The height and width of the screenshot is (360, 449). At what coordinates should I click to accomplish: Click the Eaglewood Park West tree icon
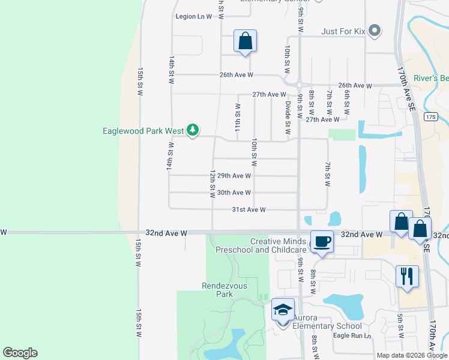click(192, 130)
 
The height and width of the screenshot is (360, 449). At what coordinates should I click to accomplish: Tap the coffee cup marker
click(322, 242)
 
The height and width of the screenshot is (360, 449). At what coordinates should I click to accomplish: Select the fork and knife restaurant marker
click(407, 277)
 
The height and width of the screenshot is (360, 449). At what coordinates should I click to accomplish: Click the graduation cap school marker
click(283, 310)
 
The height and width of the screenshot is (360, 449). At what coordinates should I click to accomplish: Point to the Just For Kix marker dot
click(375, 30)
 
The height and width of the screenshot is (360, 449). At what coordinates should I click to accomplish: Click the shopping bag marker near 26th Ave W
click(245, 41)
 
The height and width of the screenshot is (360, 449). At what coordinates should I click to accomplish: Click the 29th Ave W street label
click(234, 176)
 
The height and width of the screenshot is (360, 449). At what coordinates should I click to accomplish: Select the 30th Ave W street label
click(234, 193)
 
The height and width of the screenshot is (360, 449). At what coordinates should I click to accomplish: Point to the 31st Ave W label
click(249, 209)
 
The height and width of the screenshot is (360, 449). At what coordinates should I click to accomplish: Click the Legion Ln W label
click(194, 16)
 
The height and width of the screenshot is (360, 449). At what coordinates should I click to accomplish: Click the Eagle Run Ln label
click(353, 336)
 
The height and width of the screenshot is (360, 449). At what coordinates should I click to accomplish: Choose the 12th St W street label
click(212, 184)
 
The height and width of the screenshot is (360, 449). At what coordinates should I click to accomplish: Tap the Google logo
click(20, 353)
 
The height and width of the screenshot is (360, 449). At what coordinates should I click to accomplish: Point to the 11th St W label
click(238, 118)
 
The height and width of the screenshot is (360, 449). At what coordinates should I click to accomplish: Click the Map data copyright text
click(412, 355)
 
